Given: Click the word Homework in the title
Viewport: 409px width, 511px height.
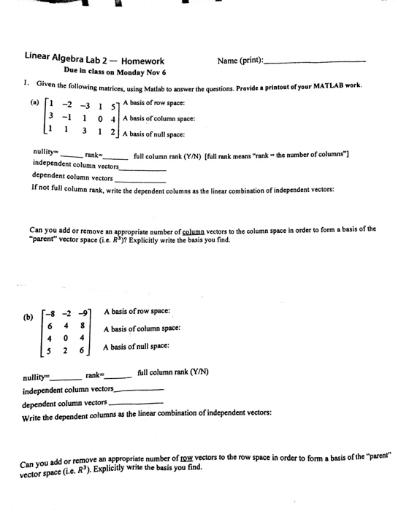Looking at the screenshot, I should (x=142, y=61).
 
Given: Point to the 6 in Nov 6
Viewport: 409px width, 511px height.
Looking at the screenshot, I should (x=164, y=73).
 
